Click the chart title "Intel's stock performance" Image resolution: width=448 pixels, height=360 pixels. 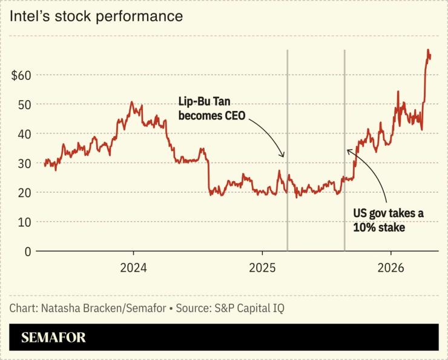pos(96,16)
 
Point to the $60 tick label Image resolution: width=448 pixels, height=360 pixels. pos(21,75)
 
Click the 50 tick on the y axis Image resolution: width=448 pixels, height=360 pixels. pos(24,104)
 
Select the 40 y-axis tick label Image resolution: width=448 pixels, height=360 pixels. pos(24,133)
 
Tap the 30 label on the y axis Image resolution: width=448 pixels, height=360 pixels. pos(24,163)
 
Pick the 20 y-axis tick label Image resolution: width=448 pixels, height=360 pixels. pos(24,192)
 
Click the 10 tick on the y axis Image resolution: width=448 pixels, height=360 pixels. pos(24,222)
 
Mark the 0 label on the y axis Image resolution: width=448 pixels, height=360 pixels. pos(27,251)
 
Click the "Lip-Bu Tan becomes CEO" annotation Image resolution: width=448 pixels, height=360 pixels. pos(211,109)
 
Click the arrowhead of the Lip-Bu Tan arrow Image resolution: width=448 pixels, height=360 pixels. pos(282,156)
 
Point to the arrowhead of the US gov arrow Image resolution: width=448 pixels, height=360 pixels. pos(348,150)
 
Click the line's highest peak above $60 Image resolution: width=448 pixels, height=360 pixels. pos(428,50)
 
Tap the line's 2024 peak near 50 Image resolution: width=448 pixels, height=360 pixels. pos(132,102)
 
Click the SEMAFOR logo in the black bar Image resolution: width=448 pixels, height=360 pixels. pos(53,338)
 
